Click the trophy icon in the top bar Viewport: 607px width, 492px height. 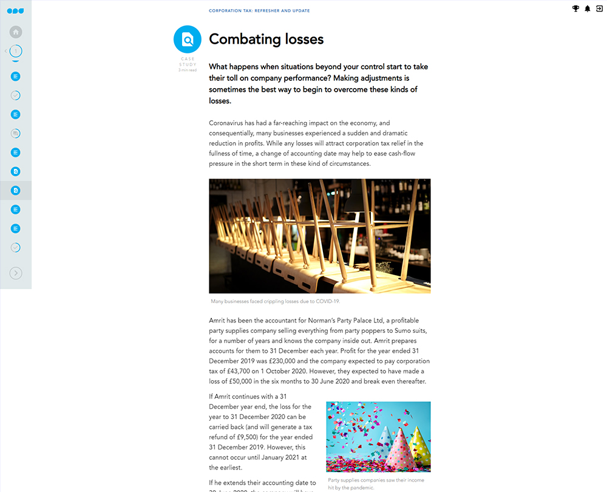575,9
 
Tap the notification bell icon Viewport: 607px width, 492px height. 588,9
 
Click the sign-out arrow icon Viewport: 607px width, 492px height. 600,9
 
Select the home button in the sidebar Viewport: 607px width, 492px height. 16,32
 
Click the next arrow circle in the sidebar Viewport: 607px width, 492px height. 16,273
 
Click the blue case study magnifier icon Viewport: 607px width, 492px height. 188,39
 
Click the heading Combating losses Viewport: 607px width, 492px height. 266,39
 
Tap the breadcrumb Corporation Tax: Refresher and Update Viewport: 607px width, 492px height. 259,11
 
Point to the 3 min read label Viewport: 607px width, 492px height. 188,70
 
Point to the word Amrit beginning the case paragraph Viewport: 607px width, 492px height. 217,321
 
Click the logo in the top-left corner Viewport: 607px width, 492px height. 16,10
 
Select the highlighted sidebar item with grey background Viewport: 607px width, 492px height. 16,190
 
